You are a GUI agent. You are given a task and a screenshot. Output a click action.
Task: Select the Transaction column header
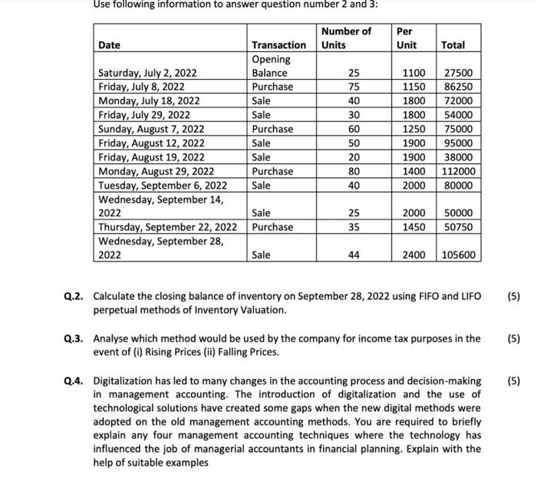[278, 45]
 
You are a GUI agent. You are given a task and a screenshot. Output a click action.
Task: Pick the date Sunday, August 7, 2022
[150, 129]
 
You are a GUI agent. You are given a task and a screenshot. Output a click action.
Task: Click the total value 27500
[459, 73]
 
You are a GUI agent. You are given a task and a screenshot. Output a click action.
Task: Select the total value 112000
[459, 171]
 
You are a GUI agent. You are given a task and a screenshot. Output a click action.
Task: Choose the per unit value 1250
[414, 129]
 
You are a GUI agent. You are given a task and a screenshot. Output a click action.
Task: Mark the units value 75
[353, 87]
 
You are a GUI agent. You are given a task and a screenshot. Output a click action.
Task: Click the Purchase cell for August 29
[272, 171]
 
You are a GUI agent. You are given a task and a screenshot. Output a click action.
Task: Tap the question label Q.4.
[74, 381]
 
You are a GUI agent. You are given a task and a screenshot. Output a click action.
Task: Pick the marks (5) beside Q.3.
[513, 338]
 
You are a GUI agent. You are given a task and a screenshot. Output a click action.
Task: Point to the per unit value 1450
[414, 227]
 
